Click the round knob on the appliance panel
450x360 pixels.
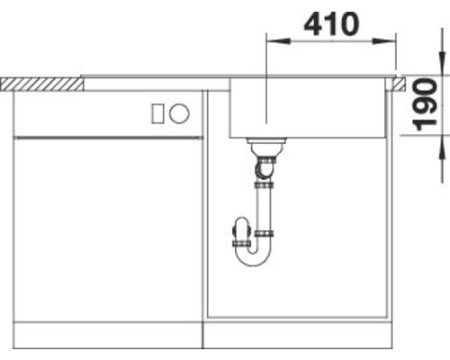(x=180, y=113)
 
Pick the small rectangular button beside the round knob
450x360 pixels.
(x=158, y=113)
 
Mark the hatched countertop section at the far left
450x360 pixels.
(x=40, y=83)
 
